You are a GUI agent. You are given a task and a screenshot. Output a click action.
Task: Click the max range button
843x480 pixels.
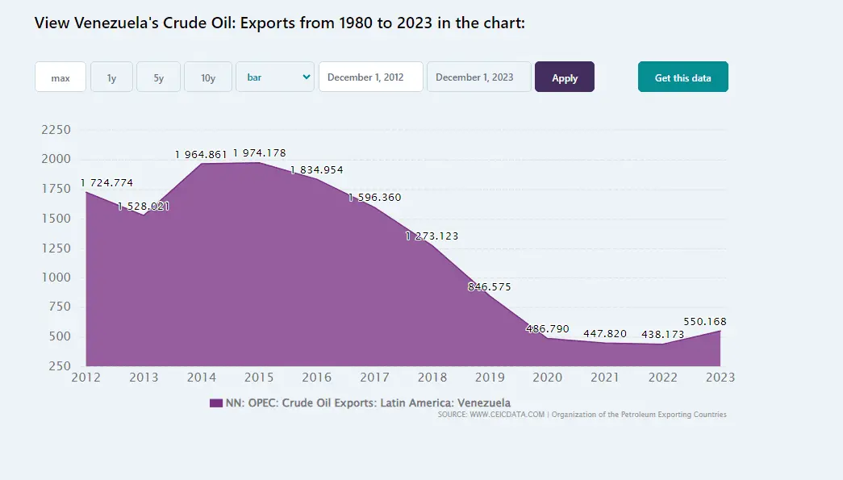point(61,77)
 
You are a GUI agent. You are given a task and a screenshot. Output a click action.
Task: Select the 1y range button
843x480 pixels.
point(111,77)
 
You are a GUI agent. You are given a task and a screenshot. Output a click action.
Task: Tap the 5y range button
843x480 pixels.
point(158,77)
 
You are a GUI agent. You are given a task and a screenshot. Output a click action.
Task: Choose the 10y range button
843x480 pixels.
point(208,77)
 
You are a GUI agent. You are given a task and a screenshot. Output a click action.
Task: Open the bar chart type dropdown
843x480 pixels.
point(275,77)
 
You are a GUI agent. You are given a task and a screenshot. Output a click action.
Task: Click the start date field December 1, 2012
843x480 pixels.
point(371,77)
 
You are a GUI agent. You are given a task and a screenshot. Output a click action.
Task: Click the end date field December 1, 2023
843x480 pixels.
point(479,77)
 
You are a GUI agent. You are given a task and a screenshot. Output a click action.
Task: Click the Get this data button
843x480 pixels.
point(682,77)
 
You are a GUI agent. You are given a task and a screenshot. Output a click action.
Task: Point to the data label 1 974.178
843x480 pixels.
point(260,153)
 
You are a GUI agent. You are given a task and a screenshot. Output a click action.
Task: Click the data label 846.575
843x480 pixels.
point(489,286)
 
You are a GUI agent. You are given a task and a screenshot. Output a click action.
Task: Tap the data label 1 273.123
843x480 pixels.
point(432,236)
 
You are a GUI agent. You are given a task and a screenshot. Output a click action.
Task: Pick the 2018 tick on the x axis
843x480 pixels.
point(432,377)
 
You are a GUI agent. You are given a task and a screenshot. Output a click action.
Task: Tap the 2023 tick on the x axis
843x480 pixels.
point(720,377)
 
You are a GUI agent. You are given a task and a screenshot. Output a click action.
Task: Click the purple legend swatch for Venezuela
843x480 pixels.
point(215,403)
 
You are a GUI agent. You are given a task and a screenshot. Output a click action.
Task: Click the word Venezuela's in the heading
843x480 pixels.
point(111,23)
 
